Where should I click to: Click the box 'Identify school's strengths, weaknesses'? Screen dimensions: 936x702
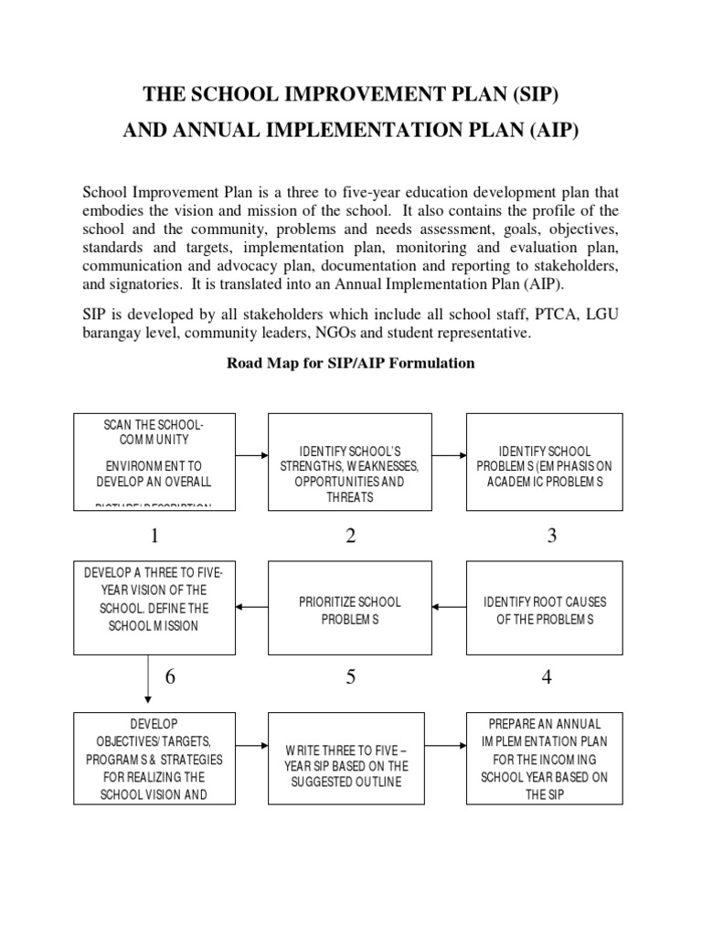(x=350, y=462)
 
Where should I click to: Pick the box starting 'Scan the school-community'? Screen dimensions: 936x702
(x=154, y=462)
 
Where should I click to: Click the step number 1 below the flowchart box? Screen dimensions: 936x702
(x=154, y=537)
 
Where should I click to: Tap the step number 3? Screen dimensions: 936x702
(x=552, y=537)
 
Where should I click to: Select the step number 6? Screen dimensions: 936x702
(x=170, y=677)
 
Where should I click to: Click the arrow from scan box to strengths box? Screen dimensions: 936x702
(x=251, y=453)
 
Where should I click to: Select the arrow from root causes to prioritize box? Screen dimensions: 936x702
(x=448, y=605)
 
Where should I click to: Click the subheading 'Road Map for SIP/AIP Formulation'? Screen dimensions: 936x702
(x=351, y=363)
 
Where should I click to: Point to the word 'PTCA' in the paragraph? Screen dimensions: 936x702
(x=519, y=314)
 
